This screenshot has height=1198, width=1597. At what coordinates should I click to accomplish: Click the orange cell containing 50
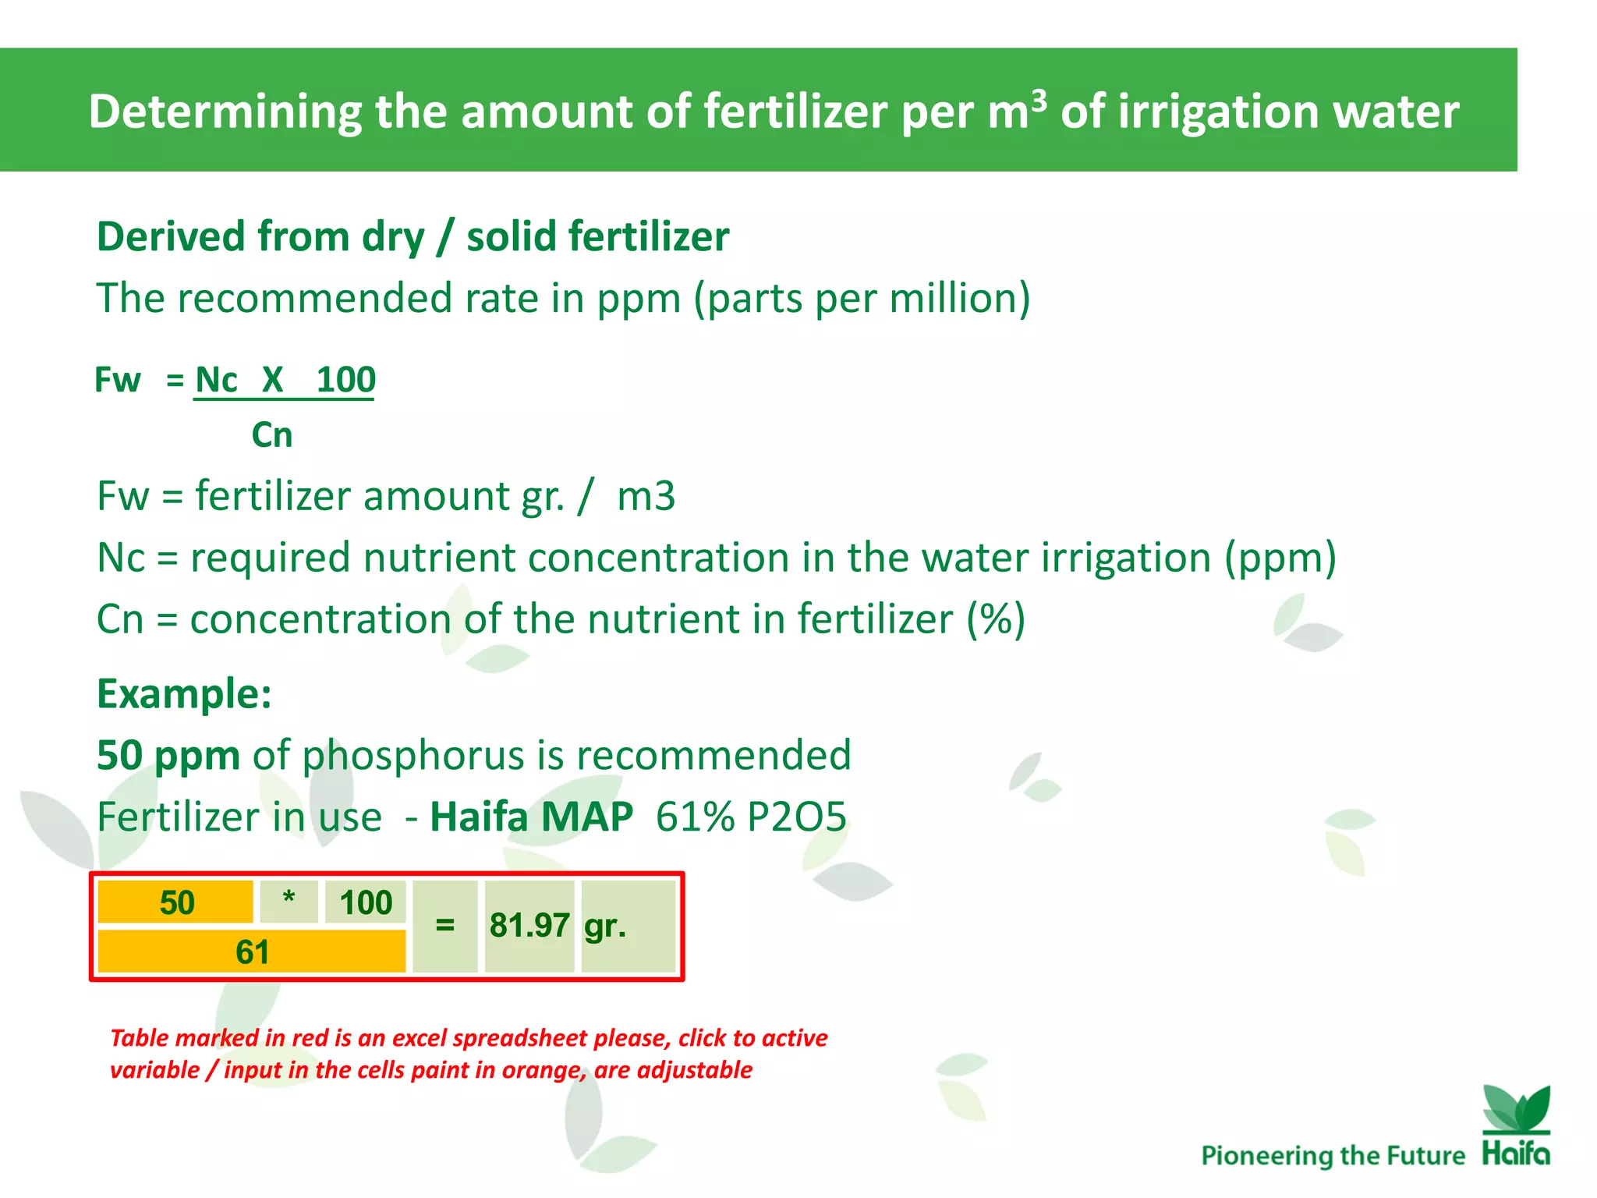click(176, 902)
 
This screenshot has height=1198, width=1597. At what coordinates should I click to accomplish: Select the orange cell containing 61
click(252, 952)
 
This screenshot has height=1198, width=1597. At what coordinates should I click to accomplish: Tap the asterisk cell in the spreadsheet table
click(289, 901)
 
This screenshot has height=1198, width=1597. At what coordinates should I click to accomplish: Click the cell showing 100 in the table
click(365, 902)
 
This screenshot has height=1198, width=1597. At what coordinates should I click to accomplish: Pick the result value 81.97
click(529, 926)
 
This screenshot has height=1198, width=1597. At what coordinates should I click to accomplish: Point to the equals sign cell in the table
click(444, 926)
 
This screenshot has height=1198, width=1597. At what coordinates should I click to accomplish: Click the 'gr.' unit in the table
click(605, 926)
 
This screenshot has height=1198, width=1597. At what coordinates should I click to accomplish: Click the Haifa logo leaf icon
click(1516, 1108)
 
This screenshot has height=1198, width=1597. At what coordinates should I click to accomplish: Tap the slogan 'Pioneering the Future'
click(1333, 1155)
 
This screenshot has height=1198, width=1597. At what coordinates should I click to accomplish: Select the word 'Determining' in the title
click(225, 112)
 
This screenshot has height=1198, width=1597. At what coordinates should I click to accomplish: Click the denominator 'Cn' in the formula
click(271, 435)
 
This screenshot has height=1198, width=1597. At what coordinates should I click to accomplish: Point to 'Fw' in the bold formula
click(118, 381)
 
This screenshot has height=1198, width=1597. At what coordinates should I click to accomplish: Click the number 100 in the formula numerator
click(345, 381)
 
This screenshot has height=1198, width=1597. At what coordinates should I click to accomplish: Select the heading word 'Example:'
click(184, 693)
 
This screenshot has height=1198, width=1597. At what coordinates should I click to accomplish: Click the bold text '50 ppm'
click(168, 755)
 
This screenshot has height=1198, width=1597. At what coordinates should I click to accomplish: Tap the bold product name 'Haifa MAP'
click(531, 817)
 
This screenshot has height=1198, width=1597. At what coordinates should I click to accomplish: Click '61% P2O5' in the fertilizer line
click(750, 817)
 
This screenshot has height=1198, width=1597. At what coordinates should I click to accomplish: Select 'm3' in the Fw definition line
click(646, 496)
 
